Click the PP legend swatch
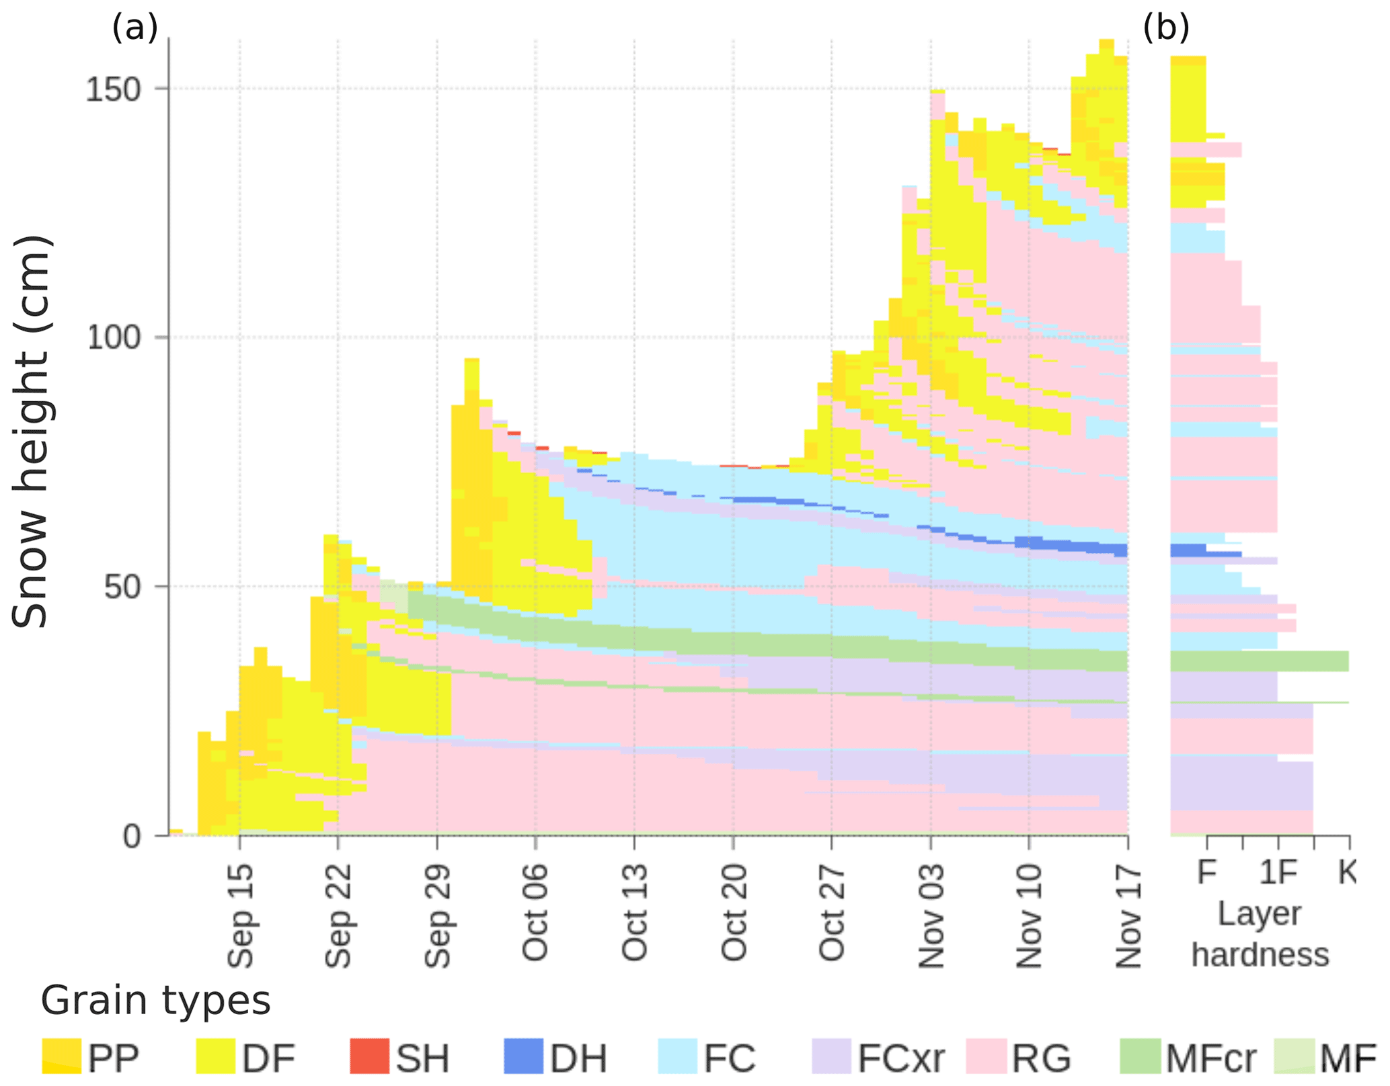[x=61, y=1056]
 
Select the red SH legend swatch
[x=369, y=1056]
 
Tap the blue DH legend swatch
[x=523, y=1056]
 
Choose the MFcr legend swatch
[x=1140, y=1056]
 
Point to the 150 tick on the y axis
[x=112, y=89]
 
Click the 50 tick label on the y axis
[x=122, y=587]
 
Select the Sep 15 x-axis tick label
[x=240, y=915]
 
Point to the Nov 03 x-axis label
[x=931, y=915]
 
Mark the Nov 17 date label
[x=1128, y=915]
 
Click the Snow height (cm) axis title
[x=30, y=431]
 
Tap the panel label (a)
[x=134, y=28]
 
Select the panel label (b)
[x=1166, y=28]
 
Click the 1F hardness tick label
[x=1278, y=872]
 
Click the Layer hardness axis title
[x=1260, y=934]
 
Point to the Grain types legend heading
[x=155, y=1001]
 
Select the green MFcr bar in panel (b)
[x=1259, y=661]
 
